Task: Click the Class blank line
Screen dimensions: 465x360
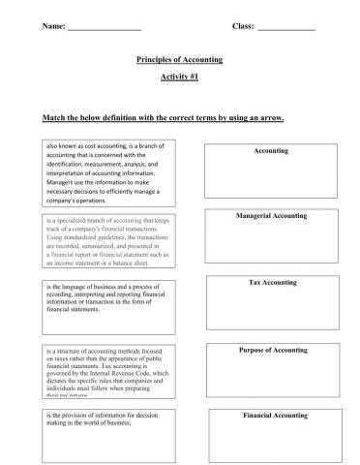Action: point(286,28)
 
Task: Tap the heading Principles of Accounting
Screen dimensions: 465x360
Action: point(180,60)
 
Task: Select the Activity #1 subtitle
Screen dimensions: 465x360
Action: point(180,77)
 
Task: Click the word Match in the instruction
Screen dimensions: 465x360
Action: point(54,118)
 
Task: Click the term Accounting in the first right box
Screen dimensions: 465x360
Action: point(271,151)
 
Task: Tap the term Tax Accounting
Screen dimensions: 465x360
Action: point(272,283)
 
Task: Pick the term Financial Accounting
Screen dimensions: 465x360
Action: point(275,416)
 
